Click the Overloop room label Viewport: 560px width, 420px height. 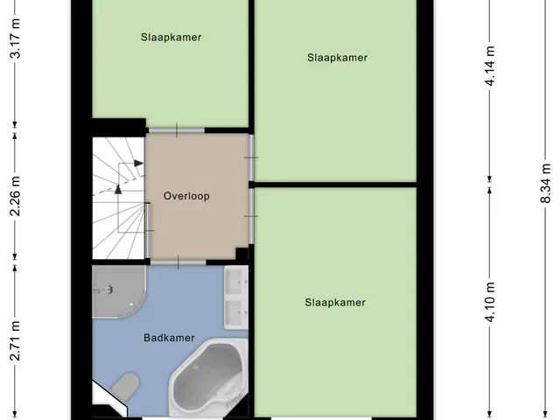[x=186, y=196]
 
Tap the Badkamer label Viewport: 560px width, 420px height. [x=169, y=338]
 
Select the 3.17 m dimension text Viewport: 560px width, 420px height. [x=16, y=38]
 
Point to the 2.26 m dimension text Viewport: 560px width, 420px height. [x=16, y=196]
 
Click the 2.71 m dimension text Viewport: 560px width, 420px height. [x=16, y=341]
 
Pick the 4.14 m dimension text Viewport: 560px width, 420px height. [x=490, y=66]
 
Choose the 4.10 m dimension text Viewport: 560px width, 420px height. [x=490, y=302]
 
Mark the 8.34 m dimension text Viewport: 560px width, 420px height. [x=545, y=183]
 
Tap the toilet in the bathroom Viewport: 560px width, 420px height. [x=125, y=385]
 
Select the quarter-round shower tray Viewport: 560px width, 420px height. [x=119, y=291]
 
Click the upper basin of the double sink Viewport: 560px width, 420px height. [x=236, y=282]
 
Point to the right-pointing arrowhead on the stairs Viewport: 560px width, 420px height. [x=138, y=164]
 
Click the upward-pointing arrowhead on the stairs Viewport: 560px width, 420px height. [x=118, y=189]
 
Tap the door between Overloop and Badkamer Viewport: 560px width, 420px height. [x=178, y=262]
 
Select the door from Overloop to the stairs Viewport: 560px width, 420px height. [x=148, y=230]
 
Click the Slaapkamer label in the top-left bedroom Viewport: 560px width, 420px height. [x=171, y=37]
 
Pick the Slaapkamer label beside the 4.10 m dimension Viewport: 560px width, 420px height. [x=335, y=303]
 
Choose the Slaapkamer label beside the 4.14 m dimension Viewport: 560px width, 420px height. [x=337, y=58]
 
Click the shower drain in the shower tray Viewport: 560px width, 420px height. [x=132, y=304]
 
